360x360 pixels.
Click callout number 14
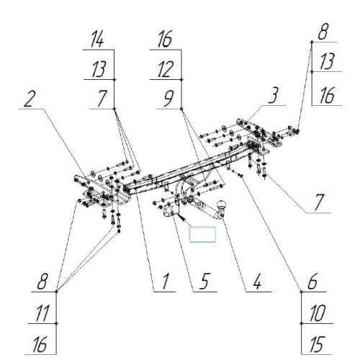tap(97, 40)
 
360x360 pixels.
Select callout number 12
tap(166, 69)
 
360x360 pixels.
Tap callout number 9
tap(168, 99)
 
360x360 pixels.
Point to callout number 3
tap(274, 95)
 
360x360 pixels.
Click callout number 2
tap(30, 99)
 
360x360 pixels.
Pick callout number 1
tap(165, 282)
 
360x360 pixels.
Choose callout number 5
tap(204, 281)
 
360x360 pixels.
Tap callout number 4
tap(257, 282)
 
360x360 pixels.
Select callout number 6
tap(312, 281)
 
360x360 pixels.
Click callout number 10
tap(318, 313)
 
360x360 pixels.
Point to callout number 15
tap(318, 344)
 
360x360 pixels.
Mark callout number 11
tap(42, 313)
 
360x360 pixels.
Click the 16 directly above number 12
tap(165, 39)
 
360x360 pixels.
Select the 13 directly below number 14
tap(99, 69)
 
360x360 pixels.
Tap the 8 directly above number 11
tap(42, 281)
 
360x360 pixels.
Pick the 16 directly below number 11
tap(40, 344)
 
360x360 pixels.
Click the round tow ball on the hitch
tap(221, 204)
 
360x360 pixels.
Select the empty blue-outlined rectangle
tap(202, 235)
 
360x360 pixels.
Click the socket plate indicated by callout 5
tap(171, 210)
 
